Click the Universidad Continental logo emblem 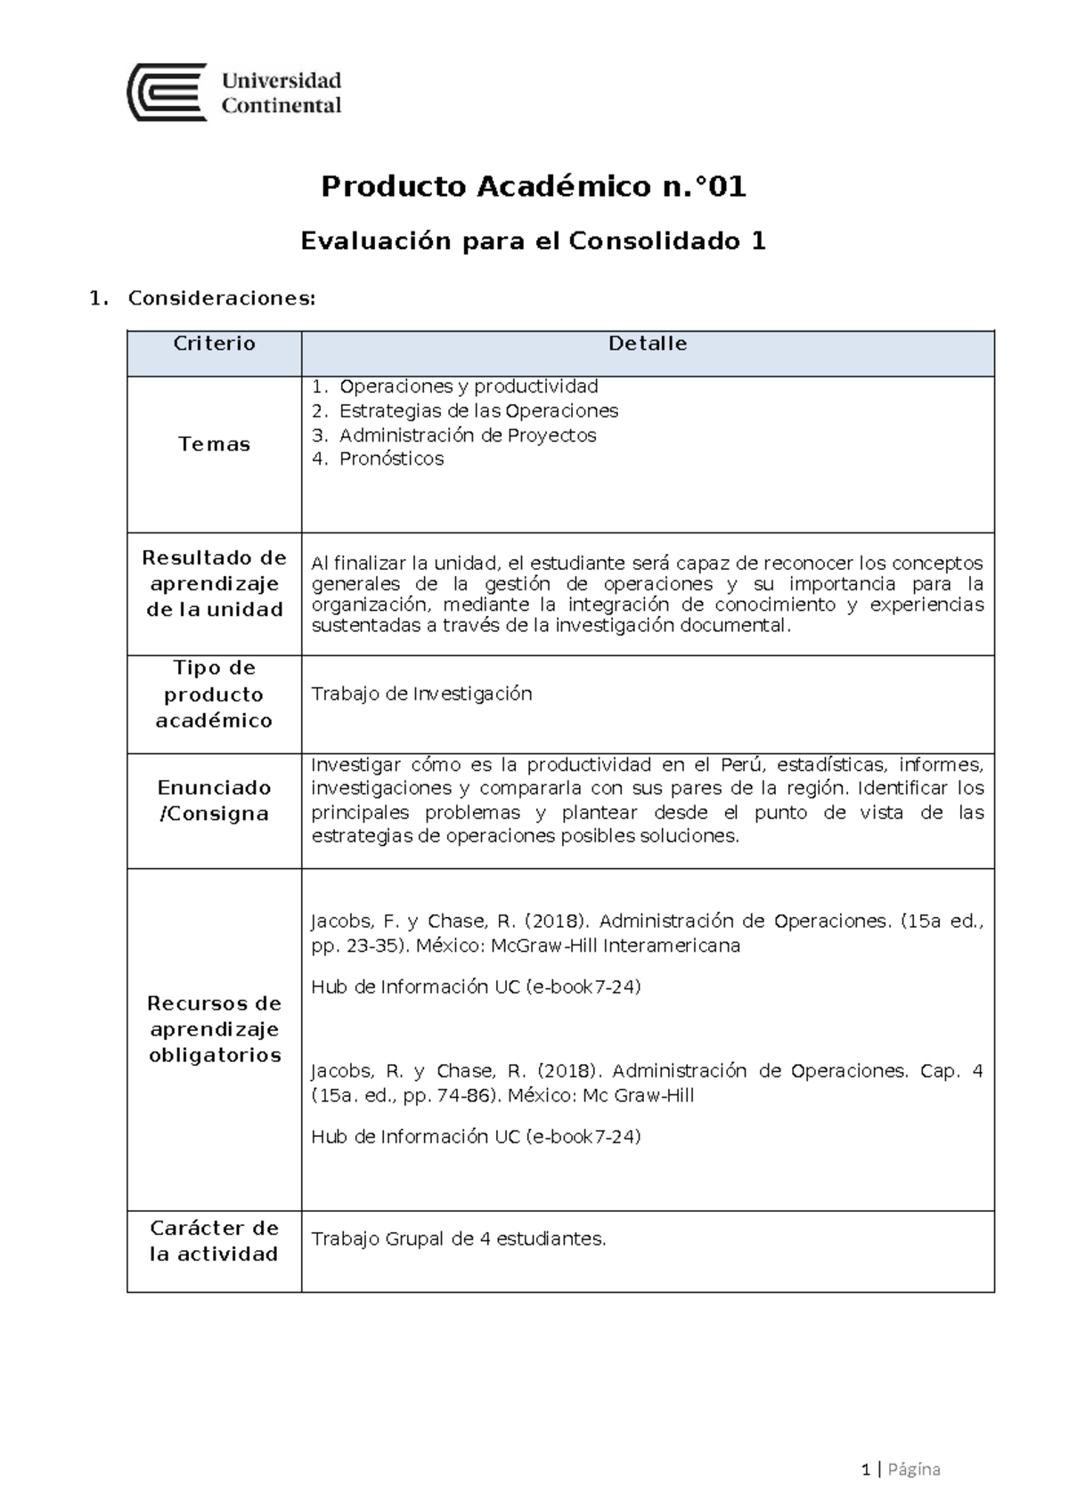[167, 92]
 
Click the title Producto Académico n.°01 [534, 187]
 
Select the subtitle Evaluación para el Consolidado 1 [534, 241]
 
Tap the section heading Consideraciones [221, 298]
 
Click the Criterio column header [214, 345]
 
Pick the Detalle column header [648, 345]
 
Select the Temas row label [214, 444]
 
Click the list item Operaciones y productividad [469, 386]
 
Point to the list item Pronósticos [391, 459]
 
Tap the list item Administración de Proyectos [468, 435]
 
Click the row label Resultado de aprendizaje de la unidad [214, 584]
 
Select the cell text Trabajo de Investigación [421, 694]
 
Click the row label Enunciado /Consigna [214, 800]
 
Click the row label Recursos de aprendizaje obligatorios [214, 1029]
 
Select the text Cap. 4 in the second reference [951, 1071]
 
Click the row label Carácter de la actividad [214, 1241]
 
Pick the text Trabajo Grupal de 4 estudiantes [458, 1239]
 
